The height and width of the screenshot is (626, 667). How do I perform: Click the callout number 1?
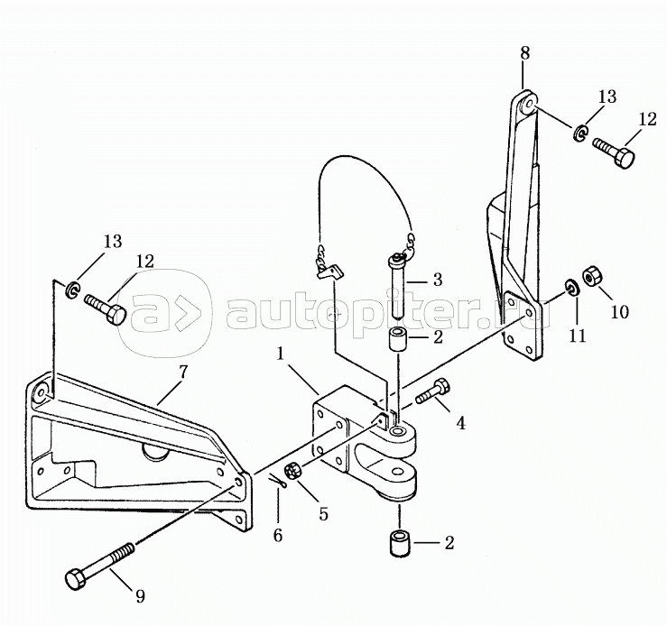click(280, 354)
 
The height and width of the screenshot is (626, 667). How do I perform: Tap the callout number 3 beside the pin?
click(437, 280)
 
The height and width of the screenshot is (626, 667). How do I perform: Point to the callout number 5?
click(324, 513)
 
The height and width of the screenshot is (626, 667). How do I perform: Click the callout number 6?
click(277, 535)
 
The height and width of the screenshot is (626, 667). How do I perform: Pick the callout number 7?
click(182, 373)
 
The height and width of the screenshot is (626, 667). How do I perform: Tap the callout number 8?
click(524, 53)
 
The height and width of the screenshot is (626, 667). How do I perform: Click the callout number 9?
click(140, 596)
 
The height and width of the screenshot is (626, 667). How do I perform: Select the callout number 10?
click(620, 312)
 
